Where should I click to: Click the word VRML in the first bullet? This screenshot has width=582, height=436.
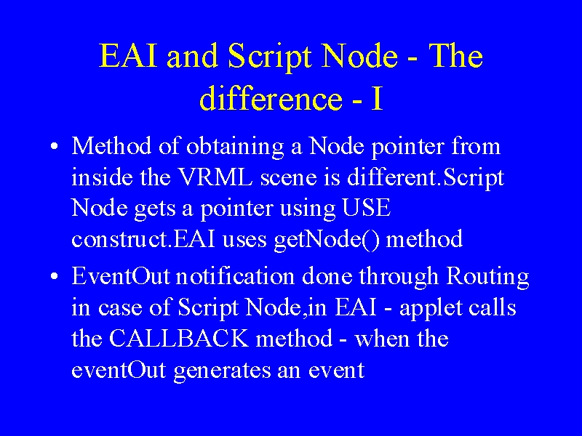(x=215, y=177)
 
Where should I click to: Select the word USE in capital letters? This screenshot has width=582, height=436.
(x=366, y=208)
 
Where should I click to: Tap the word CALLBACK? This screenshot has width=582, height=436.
(x=178, y=338)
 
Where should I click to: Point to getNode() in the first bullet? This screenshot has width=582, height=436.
(x=327, y=239)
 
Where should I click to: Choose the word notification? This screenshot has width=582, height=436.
(x=235, y=277)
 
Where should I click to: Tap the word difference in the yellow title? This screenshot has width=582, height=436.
(x=271, y=98)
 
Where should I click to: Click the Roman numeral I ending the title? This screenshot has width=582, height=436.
(x=377, y=99)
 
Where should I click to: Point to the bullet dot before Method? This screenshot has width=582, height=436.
(x=54, y=146)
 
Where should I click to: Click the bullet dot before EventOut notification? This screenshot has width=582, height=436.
(x=54, y=277)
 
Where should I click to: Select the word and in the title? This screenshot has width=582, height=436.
(x=192, y=56)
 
